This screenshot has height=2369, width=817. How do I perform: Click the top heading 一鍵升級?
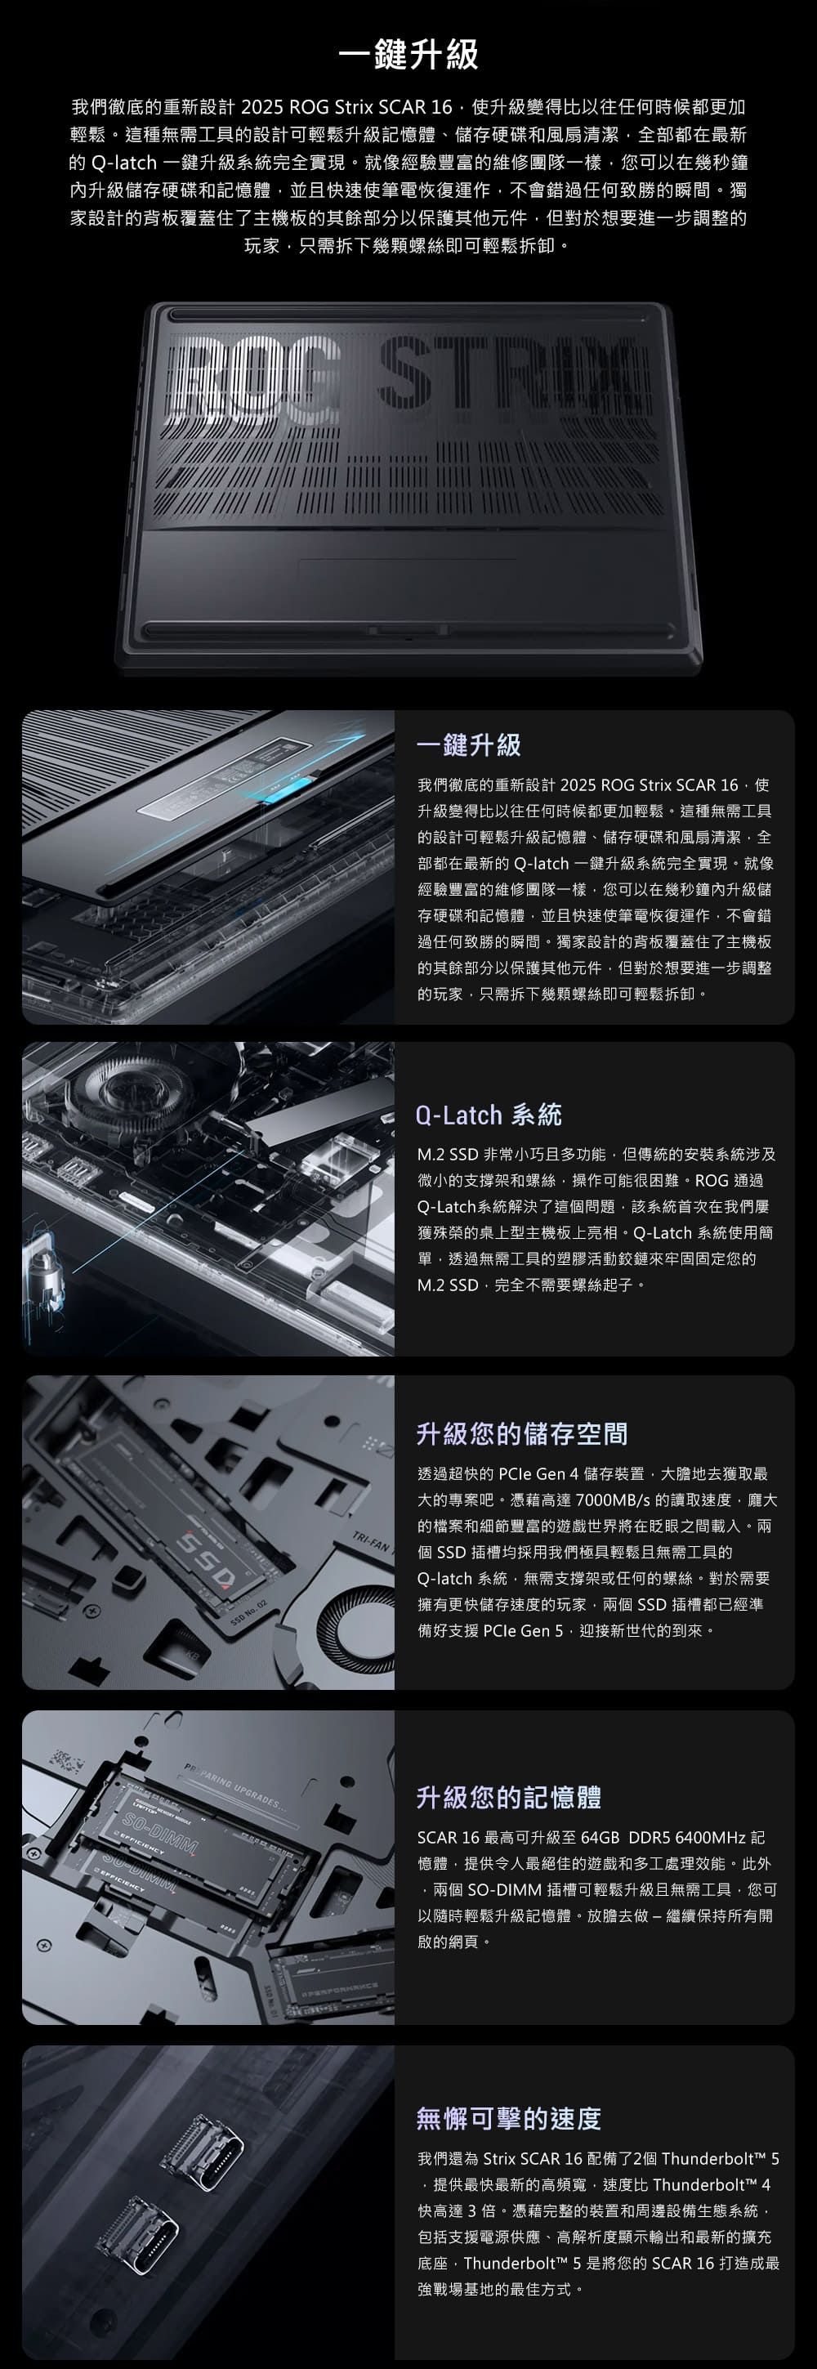(x=408, y=54)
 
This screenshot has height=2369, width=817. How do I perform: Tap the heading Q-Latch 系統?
(x=489, y=1115)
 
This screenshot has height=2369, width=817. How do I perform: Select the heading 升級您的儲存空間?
(x=522, y=1433)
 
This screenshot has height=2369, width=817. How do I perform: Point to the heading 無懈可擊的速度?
(x=509, y=2119)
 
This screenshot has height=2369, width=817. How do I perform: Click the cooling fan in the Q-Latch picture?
(x=135, y=1095)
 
